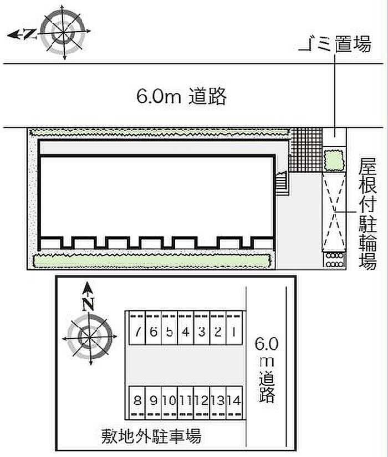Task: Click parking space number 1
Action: [x=234, y=328]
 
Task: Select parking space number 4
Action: [x=186, y=328]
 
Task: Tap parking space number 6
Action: [x=154, y=328]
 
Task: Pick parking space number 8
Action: [x=137, y=403]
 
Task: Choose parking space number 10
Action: [x=169, y=403]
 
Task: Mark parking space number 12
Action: [x=202, y=403]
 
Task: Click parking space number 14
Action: [x=234, y=403]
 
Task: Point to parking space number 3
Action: [x=202, y=328]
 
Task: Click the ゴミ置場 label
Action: [x=335, y=44]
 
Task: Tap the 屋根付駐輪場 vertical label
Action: [x=367, y=213]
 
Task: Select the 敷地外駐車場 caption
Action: [x=151, y=436]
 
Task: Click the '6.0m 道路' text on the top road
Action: [x=181, y=96]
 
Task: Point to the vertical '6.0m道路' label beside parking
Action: [x=267, y=370]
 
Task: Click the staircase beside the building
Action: [x=282, y=183]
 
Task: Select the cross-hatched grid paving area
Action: [x=306, y=150]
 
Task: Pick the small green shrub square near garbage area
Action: [x=334, y=160]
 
